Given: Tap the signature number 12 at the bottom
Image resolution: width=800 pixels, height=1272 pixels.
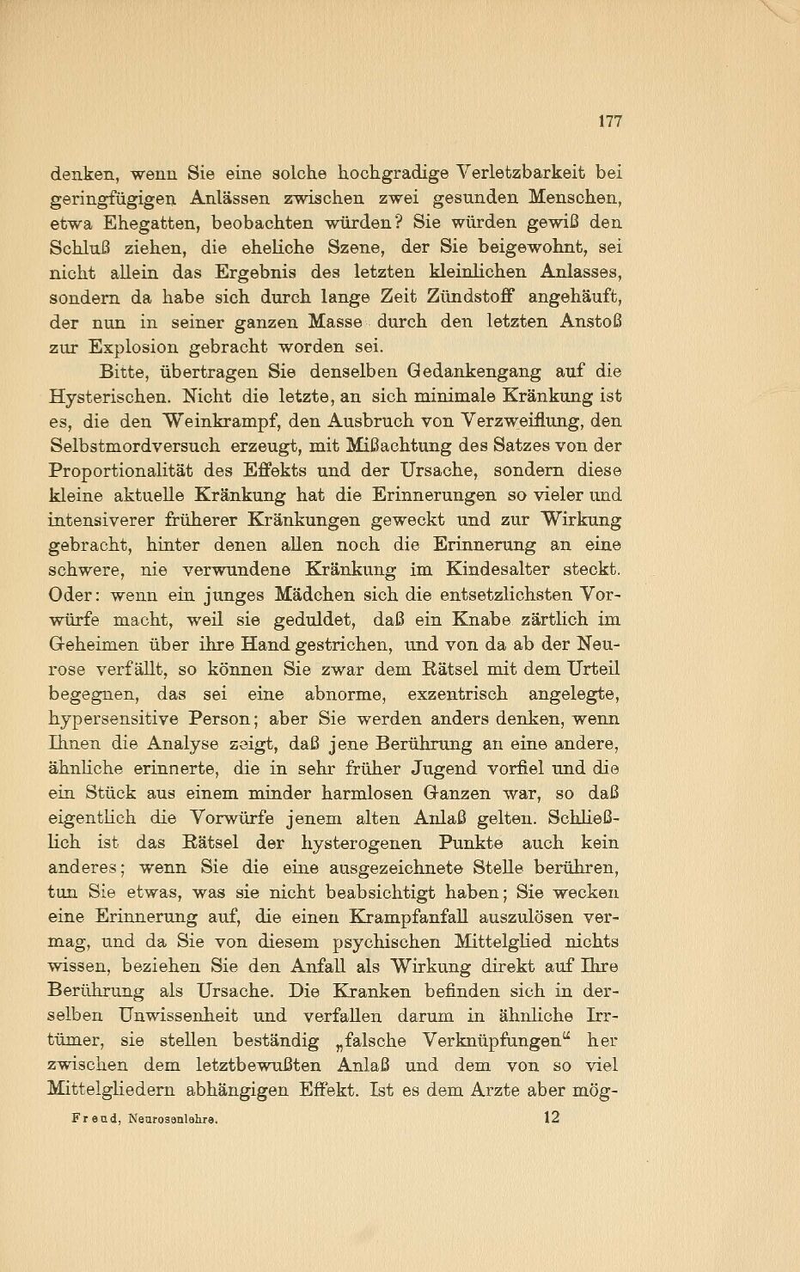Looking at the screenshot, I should [x=553, y=1118].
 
